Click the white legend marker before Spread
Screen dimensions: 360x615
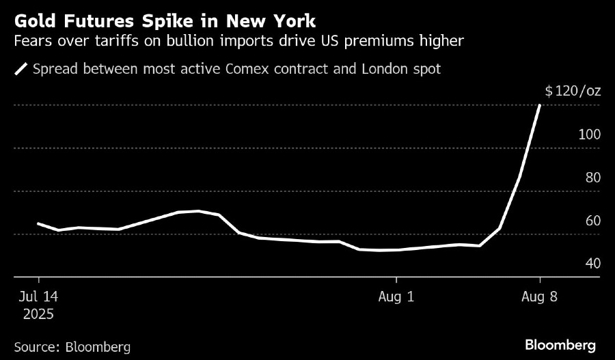pos(20,69)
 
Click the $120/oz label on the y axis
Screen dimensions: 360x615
pos(573,92)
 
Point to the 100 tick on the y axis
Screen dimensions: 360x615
pos(589,135)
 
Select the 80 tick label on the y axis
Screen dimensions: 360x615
pos(592,178)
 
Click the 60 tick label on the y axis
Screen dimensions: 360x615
pos(592,221)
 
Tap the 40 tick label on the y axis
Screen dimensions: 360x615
pos(592,264)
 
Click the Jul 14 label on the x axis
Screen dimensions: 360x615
pos(38,297)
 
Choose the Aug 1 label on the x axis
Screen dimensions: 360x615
pos(396,297)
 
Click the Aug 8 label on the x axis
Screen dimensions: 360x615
pos(540,297)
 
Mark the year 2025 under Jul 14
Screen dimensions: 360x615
pos(38,314)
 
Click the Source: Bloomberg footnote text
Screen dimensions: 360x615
pos(72,346)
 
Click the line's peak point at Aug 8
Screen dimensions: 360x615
pos(540,105)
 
